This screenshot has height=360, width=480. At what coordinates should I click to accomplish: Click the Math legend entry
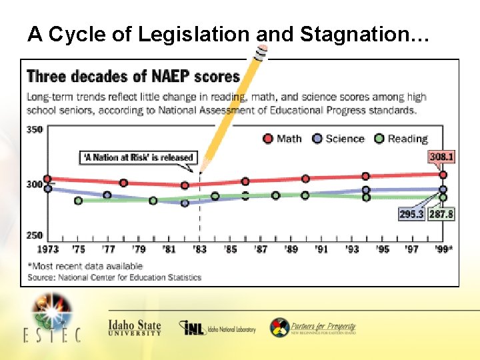282,139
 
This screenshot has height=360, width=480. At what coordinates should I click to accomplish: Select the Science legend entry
338,139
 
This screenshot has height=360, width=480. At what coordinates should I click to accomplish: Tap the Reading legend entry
400,139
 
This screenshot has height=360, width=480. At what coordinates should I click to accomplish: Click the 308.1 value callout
441,157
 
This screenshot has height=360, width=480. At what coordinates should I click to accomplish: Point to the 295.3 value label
411,214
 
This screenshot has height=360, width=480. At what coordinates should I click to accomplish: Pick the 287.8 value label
441,214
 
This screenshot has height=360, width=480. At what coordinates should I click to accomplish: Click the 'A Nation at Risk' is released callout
138,158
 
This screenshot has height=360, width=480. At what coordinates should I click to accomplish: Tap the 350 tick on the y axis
34,129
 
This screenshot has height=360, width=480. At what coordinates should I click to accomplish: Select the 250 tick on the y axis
34,235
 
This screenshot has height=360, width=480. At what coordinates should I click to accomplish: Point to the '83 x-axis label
199,249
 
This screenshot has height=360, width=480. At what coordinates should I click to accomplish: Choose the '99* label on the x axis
443,249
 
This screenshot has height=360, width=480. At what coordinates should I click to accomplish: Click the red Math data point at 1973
47,179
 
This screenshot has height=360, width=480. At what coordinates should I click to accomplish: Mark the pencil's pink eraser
262,50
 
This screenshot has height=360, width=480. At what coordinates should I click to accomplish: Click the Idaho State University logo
135,328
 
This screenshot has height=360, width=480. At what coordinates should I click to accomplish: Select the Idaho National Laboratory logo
217,328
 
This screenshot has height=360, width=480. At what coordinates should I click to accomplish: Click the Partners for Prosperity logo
313,328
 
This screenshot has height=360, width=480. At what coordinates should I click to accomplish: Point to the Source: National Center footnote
114,277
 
